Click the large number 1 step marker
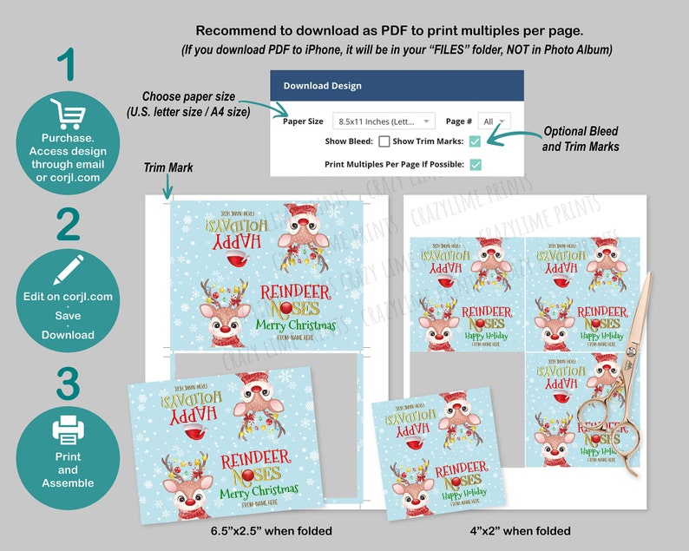(x=67, y=65)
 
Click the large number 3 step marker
(x=67, y=384)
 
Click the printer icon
(x=67, y=429)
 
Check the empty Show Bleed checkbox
(x=384, y=141)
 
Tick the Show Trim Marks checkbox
(x=475, y=141)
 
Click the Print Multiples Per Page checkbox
(x=475, y=164)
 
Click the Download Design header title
(x=322, y=86)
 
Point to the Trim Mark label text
(x=168, y=167)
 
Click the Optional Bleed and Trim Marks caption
(x=581, y=140)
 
